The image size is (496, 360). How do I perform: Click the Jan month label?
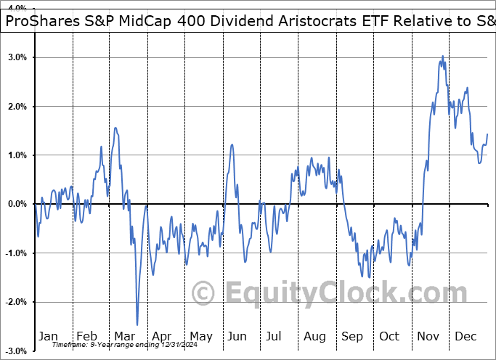48,336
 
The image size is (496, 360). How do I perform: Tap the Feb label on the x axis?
86,336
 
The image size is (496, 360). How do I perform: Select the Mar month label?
124,336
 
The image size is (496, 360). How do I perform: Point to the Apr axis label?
162,336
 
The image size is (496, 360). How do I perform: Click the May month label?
200,336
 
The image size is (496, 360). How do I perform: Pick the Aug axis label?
315,336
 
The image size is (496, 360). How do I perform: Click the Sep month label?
352,336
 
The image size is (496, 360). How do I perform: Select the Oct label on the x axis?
390,336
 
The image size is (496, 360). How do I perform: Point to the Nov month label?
428,336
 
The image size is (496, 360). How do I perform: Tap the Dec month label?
465,336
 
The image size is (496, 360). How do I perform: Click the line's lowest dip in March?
137,324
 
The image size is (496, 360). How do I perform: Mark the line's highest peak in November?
442,56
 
